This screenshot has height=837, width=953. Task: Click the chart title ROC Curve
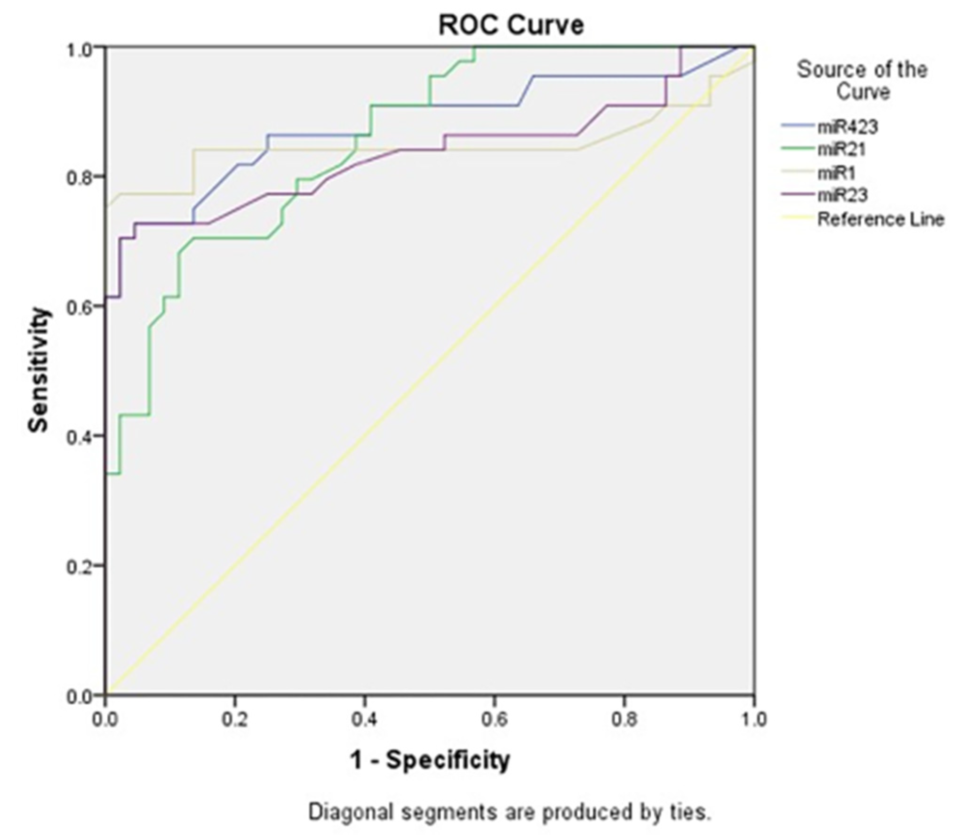coord(511,25)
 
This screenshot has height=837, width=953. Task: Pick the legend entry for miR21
coord(841,149)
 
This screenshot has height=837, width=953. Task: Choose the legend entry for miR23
coord(842,195)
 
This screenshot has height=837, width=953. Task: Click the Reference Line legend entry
coord(881,219)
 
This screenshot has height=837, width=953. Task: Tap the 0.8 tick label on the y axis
coord(79,177)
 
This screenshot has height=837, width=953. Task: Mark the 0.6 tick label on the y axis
coord(79,306)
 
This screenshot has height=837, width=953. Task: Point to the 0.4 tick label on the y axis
coord(79,436)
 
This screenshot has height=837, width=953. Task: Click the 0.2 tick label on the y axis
coord(79,566)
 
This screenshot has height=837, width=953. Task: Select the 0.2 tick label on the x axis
coord(235,720)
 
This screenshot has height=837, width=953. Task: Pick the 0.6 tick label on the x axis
coord(494,720)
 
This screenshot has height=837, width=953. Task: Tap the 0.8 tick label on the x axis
coord(624,720)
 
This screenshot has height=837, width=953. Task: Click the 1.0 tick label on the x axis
coord(753,720)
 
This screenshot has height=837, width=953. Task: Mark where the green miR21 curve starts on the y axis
coord(106,474)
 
